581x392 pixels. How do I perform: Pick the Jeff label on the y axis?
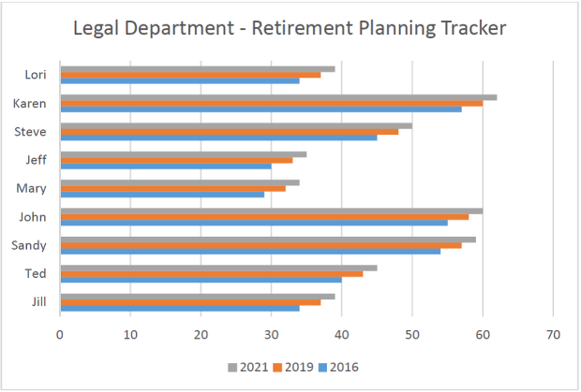tap(37, 160)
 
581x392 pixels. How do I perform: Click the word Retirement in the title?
tap(300, 29)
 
